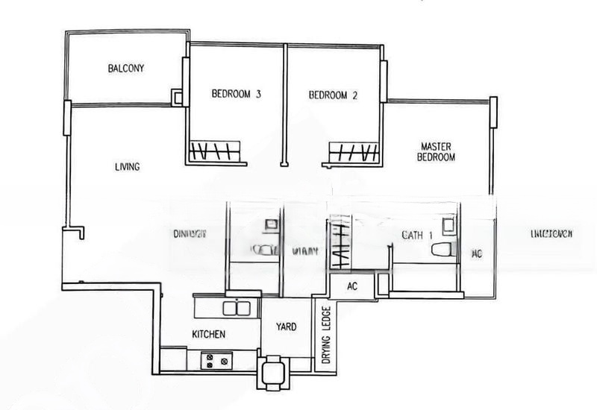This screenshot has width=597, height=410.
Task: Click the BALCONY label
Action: tap(125, 69)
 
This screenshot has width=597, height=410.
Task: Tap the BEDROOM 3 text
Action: tap(236, 95)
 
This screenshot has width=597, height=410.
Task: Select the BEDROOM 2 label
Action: tap(334, 95)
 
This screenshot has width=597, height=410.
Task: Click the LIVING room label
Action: tap(128, 167)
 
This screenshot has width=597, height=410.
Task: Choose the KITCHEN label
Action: tap(209, 335)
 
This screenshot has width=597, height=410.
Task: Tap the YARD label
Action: tap(287, 327)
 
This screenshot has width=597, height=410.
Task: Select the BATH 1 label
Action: tap(417, 236)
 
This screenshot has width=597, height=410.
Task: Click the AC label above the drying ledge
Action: tap(354, 286)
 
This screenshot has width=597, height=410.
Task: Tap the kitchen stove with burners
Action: tap(217, 361)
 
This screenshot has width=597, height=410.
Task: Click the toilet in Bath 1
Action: tap(445, 251)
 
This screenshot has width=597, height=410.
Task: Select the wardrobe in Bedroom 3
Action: tap(215, 152)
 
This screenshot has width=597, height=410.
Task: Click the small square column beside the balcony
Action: tap(178, 97)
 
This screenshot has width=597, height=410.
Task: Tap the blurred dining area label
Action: tap(190, 233)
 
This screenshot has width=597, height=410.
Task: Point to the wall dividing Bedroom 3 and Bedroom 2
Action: tap(284, 104)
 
